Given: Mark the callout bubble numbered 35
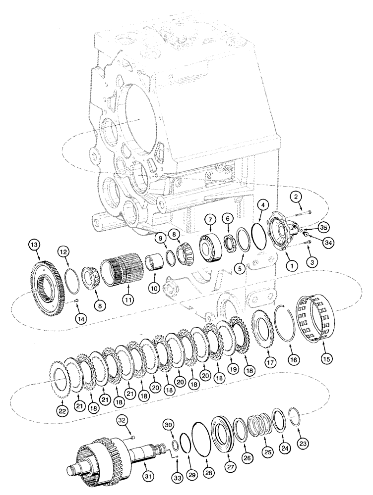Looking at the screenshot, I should click(x=323, y=228).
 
